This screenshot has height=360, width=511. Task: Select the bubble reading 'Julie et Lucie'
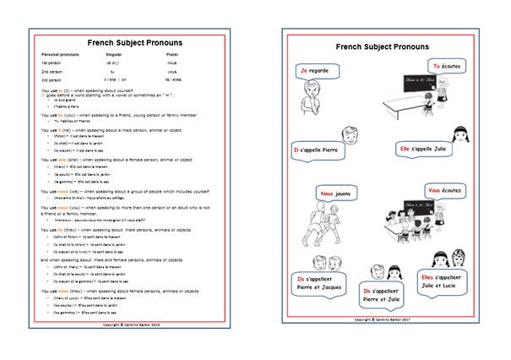point(447,281)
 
